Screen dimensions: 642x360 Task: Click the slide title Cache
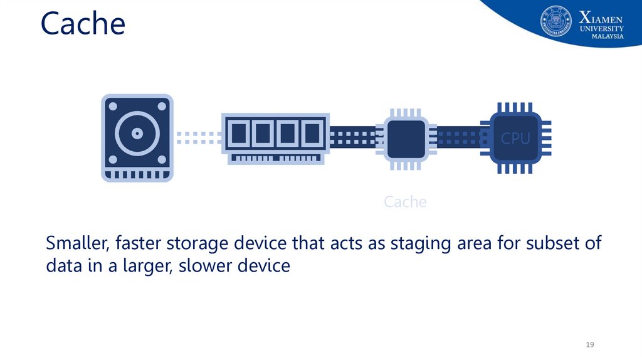pyautogui.click(x=83, y=24)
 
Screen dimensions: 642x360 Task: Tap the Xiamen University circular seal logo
pyautogui.click(x=556, y=21)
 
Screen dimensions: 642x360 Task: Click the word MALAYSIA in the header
pyautogui.click(x=608, y=37)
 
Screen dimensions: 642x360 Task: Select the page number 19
pyautogui.click(x=589, y=345)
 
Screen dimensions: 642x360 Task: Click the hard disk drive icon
pyautogui.click(x=137, y=138)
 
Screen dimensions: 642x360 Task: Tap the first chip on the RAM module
pyautogui.click(x=238, y=133)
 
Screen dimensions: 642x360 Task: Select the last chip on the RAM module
pyautogui.click(x=311, y=133)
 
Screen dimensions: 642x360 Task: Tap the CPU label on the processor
pyautogui.click(x=515, y=139)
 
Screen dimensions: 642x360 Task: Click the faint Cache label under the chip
pyautogui.click(x=405, y=202)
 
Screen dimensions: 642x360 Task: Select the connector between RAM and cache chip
pyautogui.click(x=353, y=137)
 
